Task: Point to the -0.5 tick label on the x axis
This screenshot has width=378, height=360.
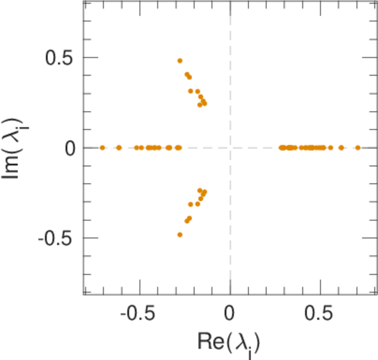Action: (136, 314)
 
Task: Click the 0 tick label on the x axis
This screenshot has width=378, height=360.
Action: (230, 314)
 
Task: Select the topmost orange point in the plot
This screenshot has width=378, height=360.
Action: (179, 61)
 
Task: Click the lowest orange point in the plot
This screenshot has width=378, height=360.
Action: (179, 235)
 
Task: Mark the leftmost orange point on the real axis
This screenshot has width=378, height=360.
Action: (103, 148)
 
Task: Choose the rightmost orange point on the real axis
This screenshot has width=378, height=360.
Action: (358, 148)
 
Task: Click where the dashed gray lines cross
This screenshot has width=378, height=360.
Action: (230, 148)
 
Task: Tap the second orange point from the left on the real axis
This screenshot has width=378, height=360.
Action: (119, 148)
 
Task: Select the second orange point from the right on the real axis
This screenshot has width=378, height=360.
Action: (341, 148)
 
